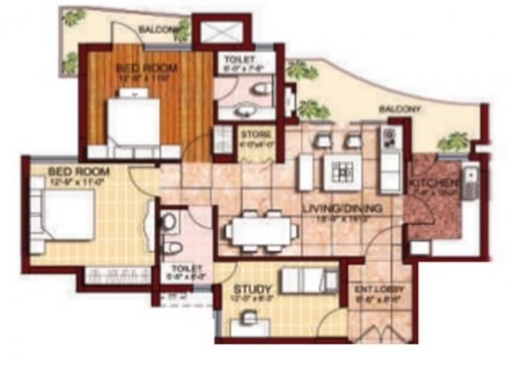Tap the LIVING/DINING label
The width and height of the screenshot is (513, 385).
coord(342,209)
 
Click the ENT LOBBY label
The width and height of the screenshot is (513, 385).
coord(380,289)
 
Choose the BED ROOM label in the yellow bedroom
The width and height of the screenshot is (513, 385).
coord(79,172)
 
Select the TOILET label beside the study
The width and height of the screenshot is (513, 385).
coord(186,268)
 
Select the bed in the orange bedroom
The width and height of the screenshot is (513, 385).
coord(133,122)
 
